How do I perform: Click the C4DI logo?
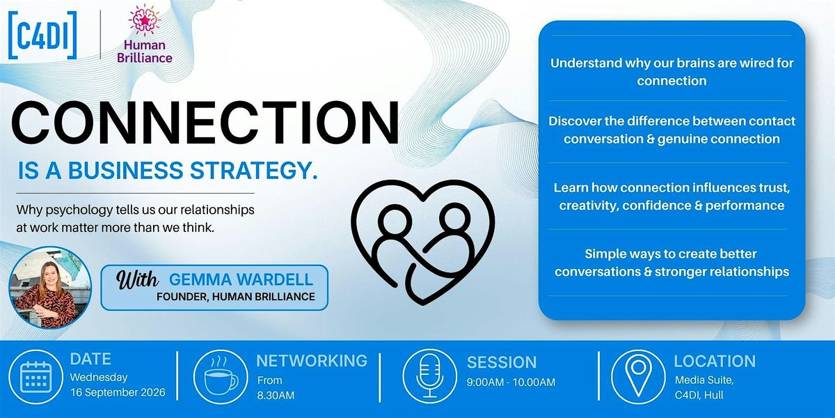[x=42, y=36]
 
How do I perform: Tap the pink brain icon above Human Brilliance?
[x=145, y=21]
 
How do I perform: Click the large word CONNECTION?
[x=205, y=123]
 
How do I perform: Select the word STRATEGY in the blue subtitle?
[x=254, y=170]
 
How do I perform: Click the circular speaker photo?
[x=50, y=288]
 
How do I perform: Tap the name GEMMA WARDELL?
[x=241, y=279]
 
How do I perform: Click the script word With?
[x=137, y=279]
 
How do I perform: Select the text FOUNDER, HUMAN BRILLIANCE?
[x=236, y=297]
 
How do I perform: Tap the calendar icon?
[x=35, y=377]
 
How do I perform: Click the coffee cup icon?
[x=221, y=377]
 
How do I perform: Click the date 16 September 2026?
[x=118, y=393]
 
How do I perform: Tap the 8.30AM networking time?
[x=276, y=396]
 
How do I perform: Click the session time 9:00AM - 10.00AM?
[x=511, y=382]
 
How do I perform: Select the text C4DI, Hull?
[x=699, y=395]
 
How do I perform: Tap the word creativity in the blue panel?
[x=589, y=206]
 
